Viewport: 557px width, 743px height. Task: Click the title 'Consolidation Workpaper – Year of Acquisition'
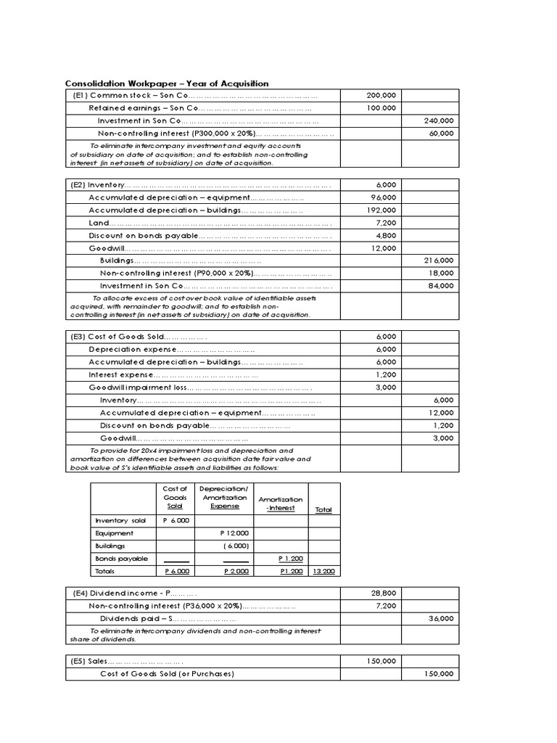click(167, 84)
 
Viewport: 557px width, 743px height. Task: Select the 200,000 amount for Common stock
click(381, 96)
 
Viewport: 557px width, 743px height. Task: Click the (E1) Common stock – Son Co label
click(130, 96)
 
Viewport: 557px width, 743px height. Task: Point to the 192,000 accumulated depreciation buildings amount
click(381, 210)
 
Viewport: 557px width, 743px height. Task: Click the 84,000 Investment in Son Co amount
click(442, 286)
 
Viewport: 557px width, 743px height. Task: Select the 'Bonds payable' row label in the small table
click(121, 559)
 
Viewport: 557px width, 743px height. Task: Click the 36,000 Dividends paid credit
click(441, 618)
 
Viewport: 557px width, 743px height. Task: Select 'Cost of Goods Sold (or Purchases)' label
click(167, 674)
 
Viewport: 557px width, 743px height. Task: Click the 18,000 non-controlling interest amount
click(442, 273)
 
